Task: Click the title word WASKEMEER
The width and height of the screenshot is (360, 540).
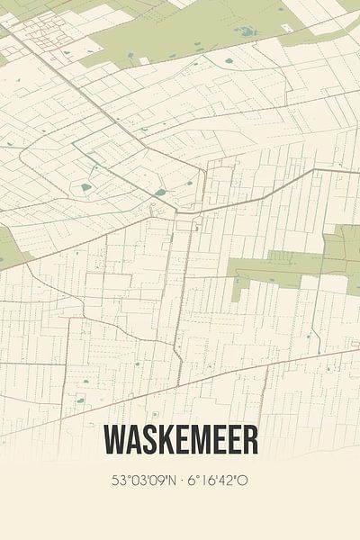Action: coord(180,440)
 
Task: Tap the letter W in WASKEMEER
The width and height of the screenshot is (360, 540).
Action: coord(113,440)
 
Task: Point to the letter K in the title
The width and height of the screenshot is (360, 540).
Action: coord(163,440)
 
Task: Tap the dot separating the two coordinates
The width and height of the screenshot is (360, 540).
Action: coord(182,480)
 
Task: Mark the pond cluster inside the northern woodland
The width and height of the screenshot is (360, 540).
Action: coord(245,31)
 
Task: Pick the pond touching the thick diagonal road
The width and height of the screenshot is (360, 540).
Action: coord(160,192)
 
